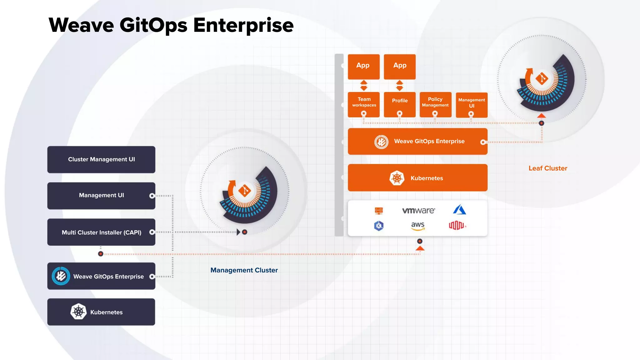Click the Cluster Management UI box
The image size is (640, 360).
coord(101,159)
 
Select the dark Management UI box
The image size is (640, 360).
coord(101,196)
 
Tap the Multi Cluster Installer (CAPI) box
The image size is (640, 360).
coord(101,232)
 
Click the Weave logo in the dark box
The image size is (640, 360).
coord(61,276)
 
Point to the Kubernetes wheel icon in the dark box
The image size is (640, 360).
coord(78,312)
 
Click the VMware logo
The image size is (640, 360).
coord(418,211)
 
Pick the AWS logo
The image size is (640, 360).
coord(418,226)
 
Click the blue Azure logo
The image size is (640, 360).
coord(459,210)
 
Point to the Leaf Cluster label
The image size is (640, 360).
coord(548,168)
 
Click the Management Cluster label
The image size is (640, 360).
coord(244,270)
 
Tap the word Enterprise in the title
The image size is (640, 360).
coord(243,25)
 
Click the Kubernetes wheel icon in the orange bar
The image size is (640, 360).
coord(397,178)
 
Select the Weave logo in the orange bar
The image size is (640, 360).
coord(381,142)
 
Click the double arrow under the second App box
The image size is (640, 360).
coord(400,86)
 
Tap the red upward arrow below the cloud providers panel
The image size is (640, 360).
coord(420,248)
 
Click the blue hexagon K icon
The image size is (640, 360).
coord(379,226)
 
